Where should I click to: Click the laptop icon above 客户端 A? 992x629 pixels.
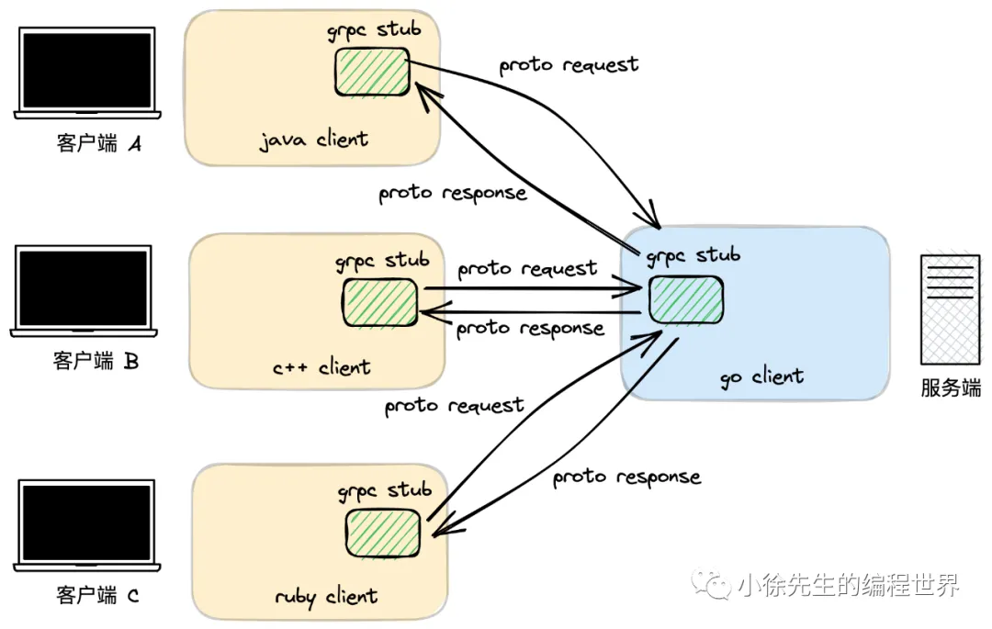coord(87,73)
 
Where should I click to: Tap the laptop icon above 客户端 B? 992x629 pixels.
coord(85,290)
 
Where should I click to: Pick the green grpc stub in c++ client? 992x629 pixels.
coord(380,302)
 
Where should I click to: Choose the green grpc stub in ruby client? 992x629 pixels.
coord(383,532)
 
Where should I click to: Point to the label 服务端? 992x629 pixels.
coord(951,388)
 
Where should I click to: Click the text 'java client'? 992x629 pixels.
coord(313,140)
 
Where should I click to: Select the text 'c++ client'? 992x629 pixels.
coord(321,367)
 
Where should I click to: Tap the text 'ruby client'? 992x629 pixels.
coord(326,597)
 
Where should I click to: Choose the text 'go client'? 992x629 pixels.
coord(761,376)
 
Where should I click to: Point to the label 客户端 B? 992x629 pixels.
coord(96,361)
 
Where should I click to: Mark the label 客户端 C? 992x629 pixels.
coord(97,596)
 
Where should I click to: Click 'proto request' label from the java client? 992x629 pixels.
coord(569,65)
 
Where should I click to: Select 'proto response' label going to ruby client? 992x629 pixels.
coord(626,477)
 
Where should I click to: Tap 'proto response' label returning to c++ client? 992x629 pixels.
coord(530,328)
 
